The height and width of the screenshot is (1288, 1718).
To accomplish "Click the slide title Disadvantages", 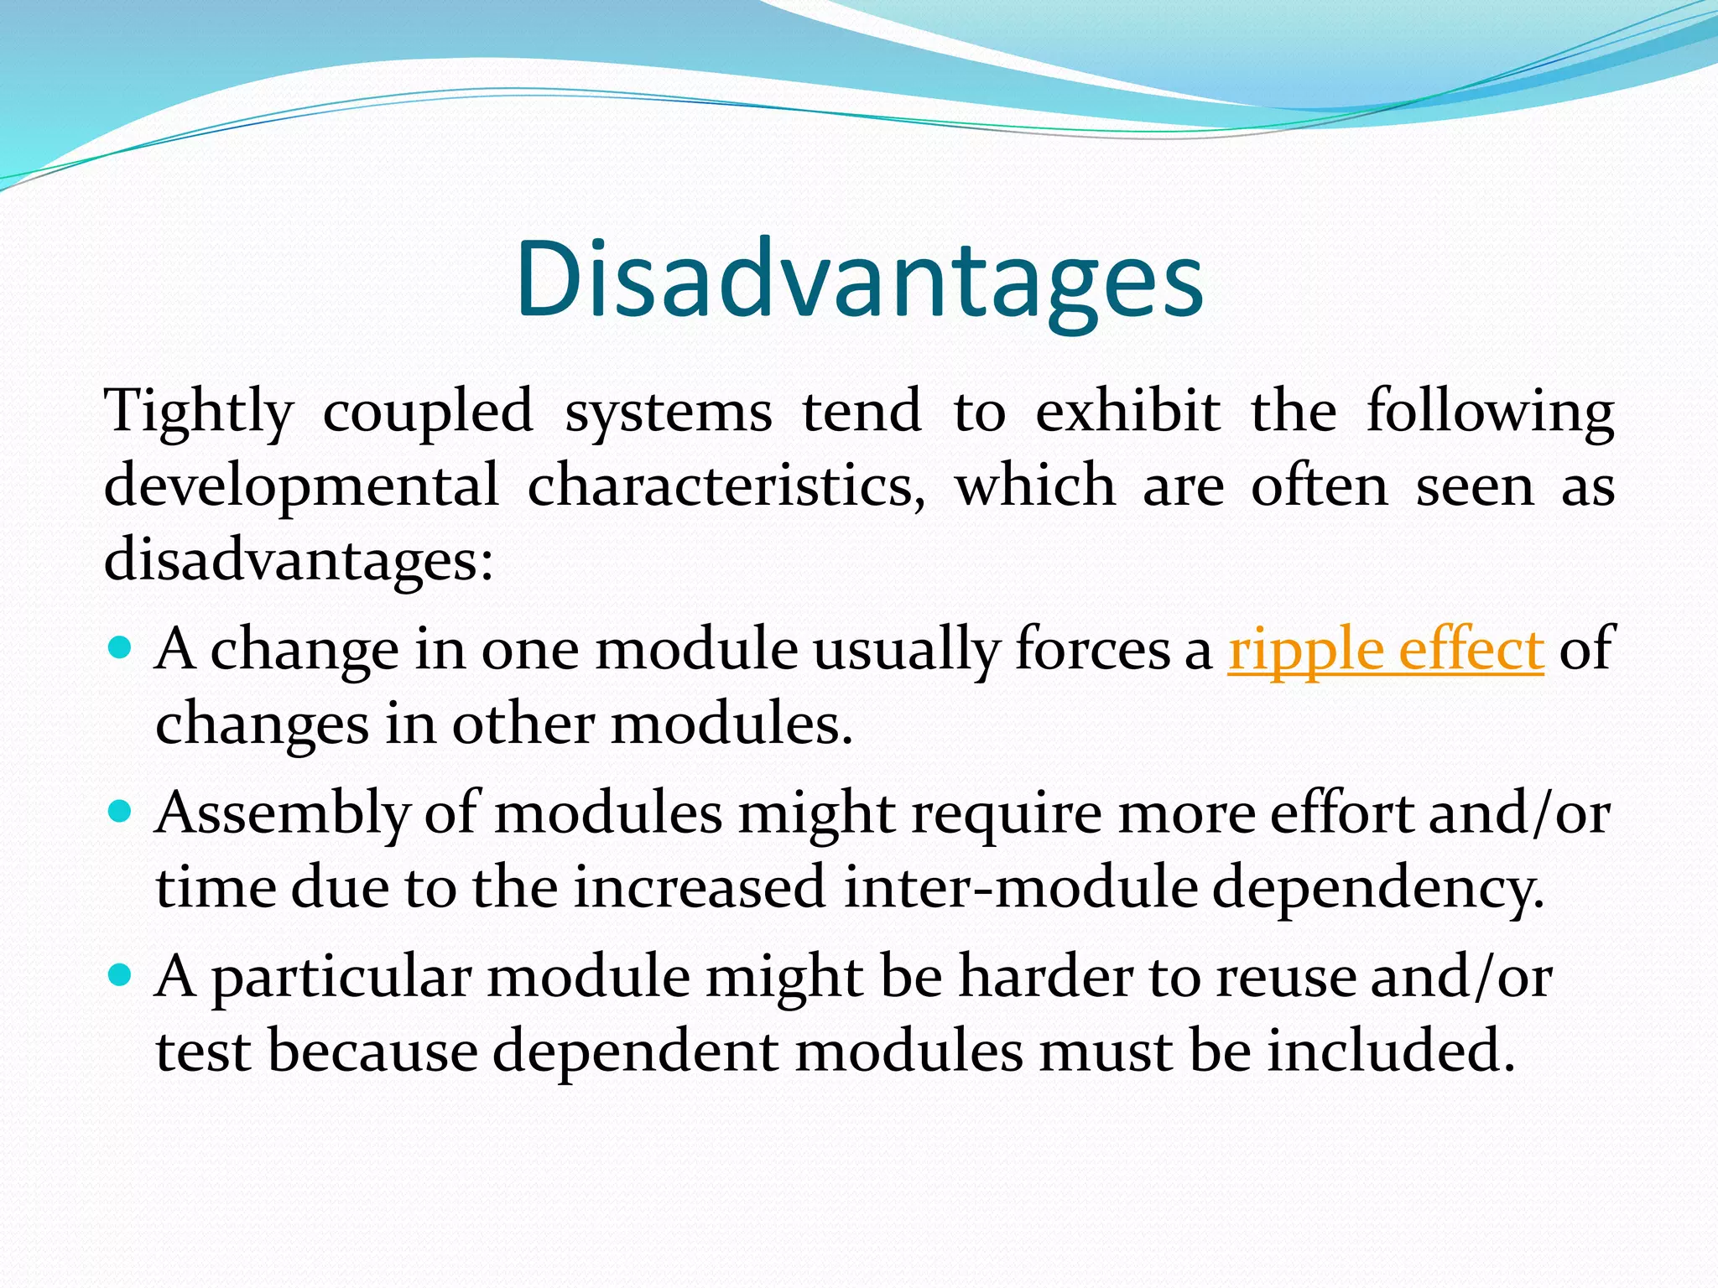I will pos(859,279).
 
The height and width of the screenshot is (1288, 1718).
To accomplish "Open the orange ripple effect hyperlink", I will pos(1385,650).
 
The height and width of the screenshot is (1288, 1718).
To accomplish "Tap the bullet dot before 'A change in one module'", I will pos(122,647).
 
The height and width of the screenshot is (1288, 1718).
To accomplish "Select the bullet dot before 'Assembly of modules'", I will pos(122,811).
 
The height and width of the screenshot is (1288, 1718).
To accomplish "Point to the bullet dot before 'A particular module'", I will pos(122,974).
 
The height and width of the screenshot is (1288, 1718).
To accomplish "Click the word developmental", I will pos(301,487).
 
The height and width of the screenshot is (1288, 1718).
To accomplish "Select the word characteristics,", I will pos(726,486).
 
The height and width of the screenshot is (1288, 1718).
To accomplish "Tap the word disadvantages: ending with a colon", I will pos(299,559).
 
